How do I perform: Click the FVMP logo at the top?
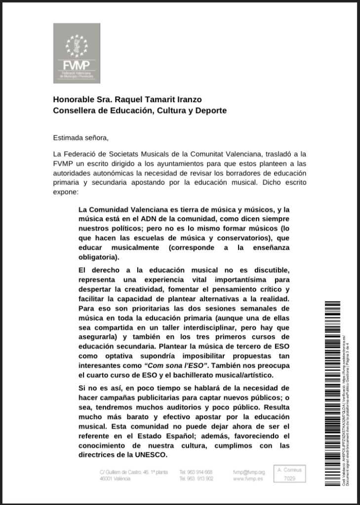[77, 53]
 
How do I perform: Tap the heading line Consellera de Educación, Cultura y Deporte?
[140, 110]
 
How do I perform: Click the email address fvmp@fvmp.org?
[249, 472]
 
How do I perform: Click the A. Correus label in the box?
[289, 470]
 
